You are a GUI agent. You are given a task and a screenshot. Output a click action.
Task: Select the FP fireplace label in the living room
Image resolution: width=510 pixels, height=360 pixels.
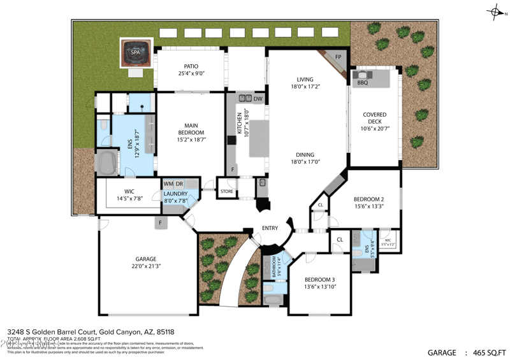coord(339,57)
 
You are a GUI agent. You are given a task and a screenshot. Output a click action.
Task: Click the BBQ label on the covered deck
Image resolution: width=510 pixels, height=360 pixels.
coord(362,83)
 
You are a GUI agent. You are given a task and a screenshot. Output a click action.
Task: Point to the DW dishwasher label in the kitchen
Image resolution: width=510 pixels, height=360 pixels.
coord(258,99)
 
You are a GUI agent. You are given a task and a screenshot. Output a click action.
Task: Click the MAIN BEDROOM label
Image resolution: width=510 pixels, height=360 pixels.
coord(191,129)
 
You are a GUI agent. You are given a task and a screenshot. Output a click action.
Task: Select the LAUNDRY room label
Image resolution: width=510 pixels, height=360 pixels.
coord(175,194)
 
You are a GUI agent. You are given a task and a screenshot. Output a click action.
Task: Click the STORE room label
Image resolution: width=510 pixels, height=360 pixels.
coord(227,191)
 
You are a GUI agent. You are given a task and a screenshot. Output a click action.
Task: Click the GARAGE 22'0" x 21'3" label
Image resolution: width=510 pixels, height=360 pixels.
coord(145,263)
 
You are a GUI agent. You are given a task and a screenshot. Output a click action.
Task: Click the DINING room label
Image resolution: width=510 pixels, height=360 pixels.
coord(305,155)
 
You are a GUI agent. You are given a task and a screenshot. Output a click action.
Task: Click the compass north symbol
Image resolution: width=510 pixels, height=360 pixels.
coord(494,11)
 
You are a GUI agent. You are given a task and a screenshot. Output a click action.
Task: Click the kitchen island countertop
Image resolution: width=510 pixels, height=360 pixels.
coord(259,138)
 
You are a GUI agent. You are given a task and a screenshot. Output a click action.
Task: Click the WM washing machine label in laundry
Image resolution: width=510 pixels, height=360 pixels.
coord(168,184)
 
